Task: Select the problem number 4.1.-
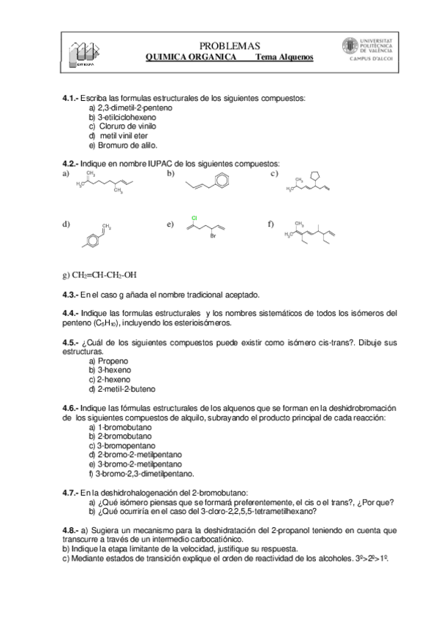pos(70,98)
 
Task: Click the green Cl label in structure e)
pos(195,218)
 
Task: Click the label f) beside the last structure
pos(271,224)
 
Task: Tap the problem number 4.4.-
pos(70,313)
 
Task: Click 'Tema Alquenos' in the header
pos(284,57)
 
